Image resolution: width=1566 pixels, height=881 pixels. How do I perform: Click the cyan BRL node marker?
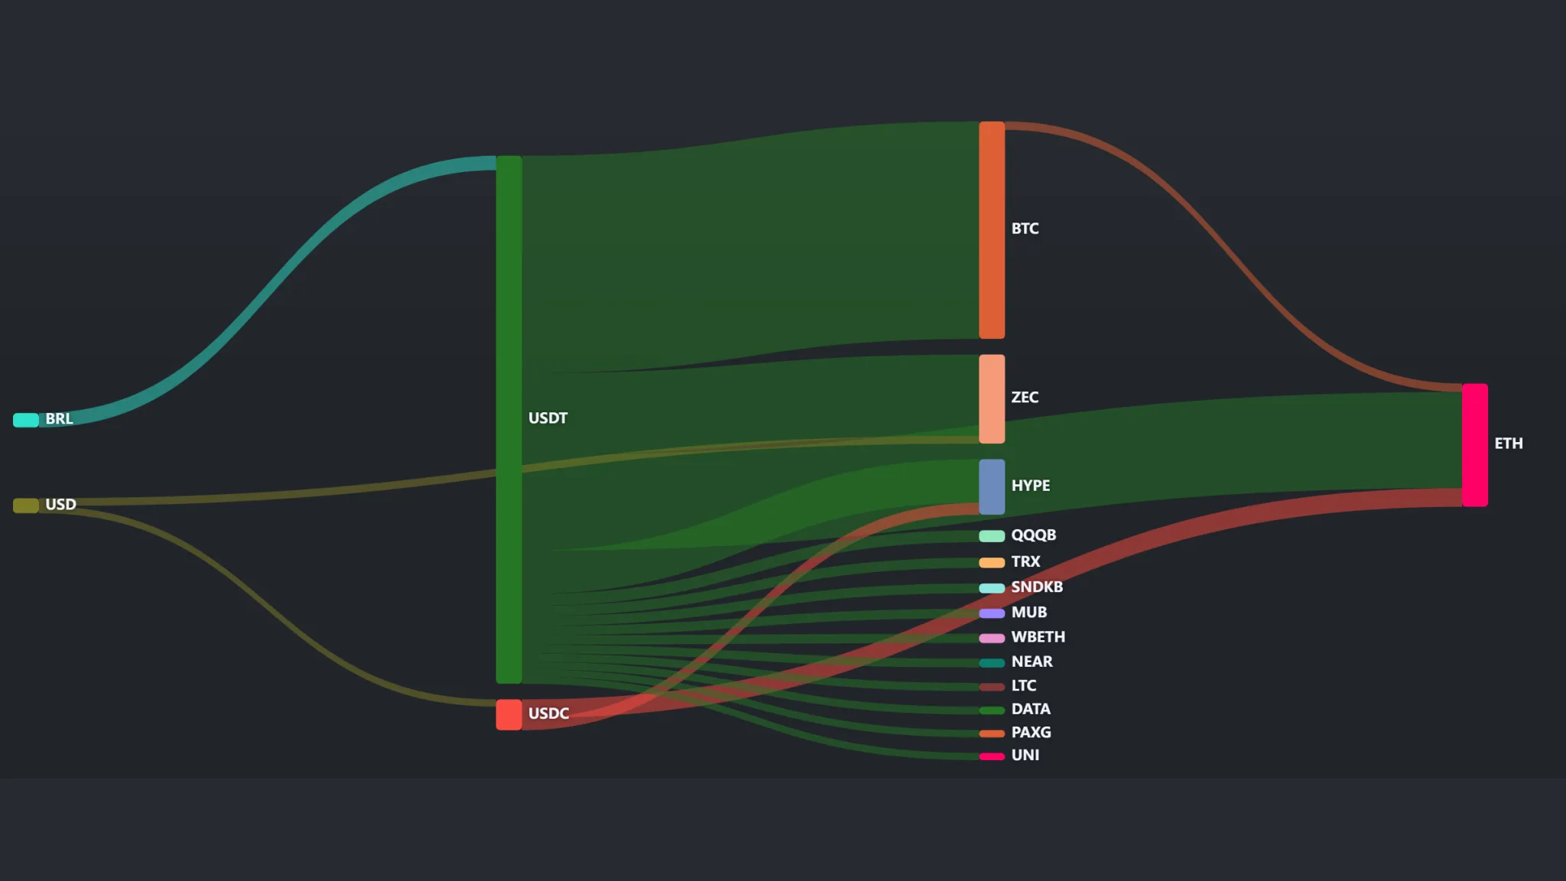click(x=26, y=420)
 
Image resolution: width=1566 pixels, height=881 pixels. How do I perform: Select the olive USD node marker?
click(x=26, y=506)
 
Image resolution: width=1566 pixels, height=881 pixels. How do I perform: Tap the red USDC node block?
click(x=508, y=714)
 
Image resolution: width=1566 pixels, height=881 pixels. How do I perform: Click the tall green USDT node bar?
click(x=508, y=419)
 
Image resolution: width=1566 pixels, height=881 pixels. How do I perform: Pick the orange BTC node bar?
click(x=992, y=229)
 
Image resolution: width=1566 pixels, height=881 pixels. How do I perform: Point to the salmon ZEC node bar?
click(x=992, y=398)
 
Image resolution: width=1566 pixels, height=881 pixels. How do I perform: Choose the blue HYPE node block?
click(x=992, y=486)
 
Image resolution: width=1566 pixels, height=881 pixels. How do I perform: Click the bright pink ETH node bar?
click(x=1475, y=445)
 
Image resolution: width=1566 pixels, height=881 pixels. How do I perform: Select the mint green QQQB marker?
click(x=992, y=536)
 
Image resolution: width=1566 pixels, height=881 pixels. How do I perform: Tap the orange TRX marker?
click(x=992, y=563)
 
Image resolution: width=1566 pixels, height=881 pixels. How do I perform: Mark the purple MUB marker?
click(x=992, y=613)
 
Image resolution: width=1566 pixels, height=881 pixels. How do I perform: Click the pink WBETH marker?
click(x=992, y=638)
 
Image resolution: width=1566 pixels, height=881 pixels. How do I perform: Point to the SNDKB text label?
click(x=1037, y=587)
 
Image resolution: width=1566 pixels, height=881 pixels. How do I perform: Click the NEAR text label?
click(x=1032, y=662)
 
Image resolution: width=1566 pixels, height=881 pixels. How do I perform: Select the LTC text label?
click(x=1024, y=685)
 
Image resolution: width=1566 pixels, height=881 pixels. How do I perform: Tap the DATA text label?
click(x=1031, y=709)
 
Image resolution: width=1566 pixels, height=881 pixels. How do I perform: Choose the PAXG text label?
click(x=1031, y=732)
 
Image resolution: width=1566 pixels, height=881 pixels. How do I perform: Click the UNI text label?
click(x=1025, y=755)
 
